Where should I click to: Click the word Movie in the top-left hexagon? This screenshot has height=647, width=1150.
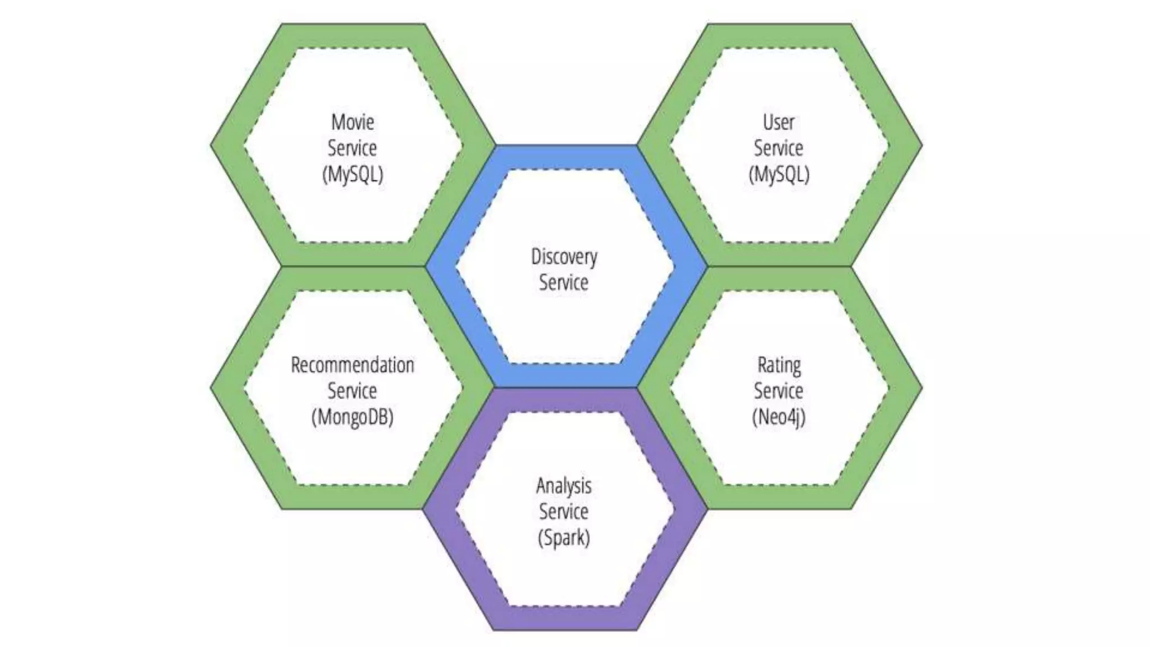[353, 122]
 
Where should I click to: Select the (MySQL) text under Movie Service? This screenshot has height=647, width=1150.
[353, 174]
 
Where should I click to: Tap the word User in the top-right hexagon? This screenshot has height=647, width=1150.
[778, 122]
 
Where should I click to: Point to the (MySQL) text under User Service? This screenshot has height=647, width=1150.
[779, 174]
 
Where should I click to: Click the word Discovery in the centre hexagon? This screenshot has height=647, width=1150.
[564, 257]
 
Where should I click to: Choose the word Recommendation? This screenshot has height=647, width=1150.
[353, 365]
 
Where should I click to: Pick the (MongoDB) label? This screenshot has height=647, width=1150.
[353, 417]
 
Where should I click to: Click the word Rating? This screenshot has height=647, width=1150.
[779, 365]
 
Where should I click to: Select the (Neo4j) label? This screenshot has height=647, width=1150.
[779, 417]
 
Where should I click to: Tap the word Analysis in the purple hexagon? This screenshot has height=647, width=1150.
[564, 486]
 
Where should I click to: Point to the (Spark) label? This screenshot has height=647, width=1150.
[564, 538]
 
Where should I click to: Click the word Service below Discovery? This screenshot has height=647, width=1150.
[564, 283]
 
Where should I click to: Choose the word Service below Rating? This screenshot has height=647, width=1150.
[778, 391]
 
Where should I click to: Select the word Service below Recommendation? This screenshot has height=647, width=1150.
[352, 391]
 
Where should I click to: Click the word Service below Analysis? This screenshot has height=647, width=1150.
[564, 512]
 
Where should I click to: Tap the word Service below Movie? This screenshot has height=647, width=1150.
[352, 148]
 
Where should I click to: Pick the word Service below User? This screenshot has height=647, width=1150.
[778, 148]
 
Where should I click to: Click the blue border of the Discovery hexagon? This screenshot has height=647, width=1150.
[564, 157]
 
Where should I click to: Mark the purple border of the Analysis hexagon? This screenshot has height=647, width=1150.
[564, 618]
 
